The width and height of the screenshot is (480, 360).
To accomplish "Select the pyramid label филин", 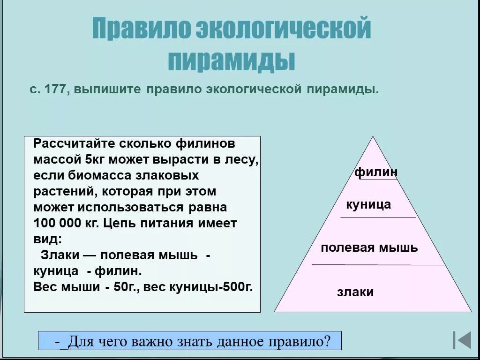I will click(x=376, y=172).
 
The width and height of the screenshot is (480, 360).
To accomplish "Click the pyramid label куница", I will click(x=368, y=205).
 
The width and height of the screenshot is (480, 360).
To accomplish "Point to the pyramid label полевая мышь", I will click(x=369, y=247).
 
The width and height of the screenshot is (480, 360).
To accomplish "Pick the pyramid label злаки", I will click(x=355, y=292).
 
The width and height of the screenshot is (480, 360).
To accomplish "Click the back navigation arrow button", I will click(x=462, y=340).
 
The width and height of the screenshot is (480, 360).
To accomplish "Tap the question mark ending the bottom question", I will click(x=327, y=341).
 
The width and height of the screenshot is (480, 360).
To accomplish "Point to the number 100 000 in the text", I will click(x=58, y=223).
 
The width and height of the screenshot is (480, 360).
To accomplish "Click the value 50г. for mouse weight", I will click(x=127, y=287).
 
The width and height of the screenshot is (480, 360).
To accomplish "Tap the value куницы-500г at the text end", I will click(x=214, y=287).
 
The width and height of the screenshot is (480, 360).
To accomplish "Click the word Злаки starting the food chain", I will click(x=59, y=255).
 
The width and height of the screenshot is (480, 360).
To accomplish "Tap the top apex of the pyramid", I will click(x=373, y=137).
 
